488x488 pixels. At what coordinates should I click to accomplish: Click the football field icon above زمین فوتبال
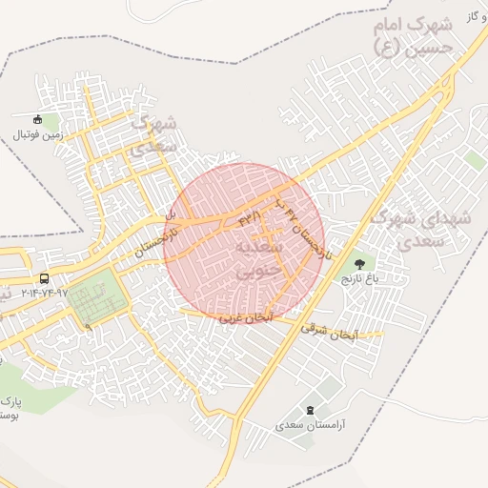tap(38, 120)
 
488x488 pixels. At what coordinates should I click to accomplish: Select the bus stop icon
tap(45, 278)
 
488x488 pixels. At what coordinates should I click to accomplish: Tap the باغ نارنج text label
tap(360, 279)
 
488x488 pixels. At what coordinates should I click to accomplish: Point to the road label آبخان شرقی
tap(328, 330)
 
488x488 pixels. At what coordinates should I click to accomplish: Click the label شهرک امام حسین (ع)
tap(420, 37)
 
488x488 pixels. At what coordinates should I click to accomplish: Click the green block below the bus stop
tap(95, 298)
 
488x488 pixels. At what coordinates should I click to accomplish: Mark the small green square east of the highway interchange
tap(476, 161)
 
